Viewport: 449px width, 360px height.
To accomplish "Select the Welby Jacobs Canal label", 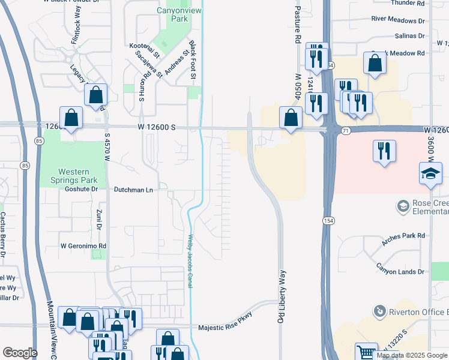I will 190,260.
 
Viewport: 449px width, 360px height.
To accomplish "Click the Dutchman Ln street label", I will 133,190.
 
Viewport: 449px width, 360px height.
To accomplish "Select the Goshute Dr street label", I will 82,189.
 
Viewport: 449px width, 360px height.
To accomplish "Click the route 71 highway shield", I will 345,130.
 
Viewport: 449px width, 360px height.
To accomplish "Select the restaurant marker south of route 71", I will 384,151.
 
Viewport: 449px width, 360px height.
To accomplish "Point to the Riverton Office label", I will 418,312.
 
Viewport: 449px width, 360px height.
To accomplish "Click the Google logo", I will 20,353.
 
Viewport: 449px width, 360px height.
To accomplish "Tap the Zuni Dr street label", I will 98,219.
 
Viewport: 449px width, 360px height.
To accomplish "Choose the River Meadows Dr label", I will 398,19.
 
